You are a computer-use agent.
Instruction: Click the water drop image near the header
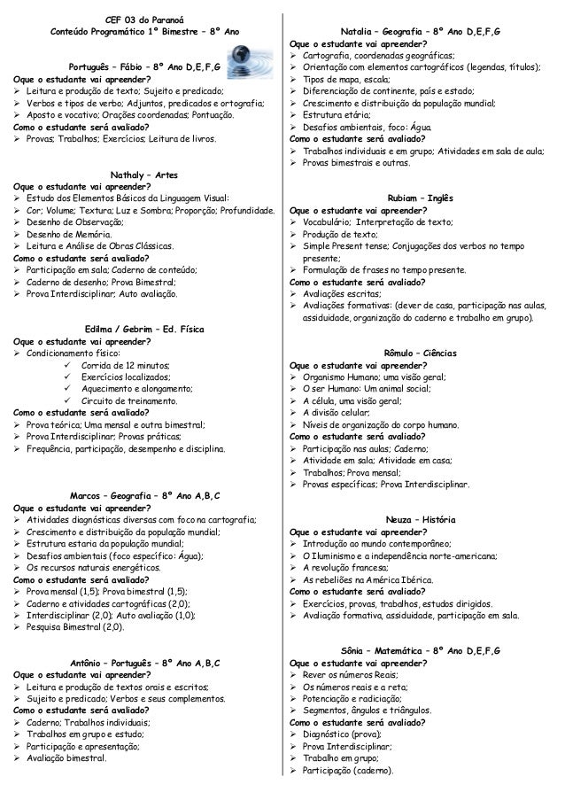(x=244, y=63)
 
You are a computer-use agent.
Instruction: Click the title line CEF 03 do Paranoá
(x=141, y=19)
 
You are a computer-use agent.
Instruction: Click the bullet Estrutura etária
(x=341, y=114)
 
